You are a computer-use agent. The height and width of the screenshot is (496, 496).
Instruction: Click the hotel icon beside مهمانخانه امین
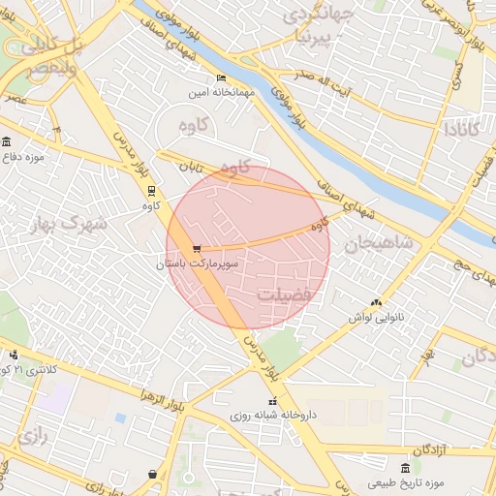click(x=222, y=78)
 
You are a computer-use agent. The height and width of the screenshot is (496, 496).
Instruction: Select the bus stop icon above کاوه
click(x=150, y=190)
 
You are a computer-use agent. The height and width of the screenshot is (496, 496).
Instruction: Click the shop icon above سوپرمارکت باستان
click(x=197, y=249)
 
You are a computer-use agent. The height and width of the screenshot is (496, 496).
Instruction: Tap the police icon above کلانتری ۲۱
click(x=14, y=356)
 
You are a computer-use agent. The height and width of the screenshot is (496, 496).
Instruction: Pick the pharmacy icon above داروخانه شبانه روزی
click(x=272, y=400)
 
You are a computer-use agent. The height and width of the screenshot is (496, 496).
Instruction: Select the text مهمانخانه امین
click(x=222, y=92)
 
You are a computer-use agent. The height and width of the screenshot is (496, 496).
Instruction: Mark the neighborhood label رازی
click(x=32, y=436)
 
